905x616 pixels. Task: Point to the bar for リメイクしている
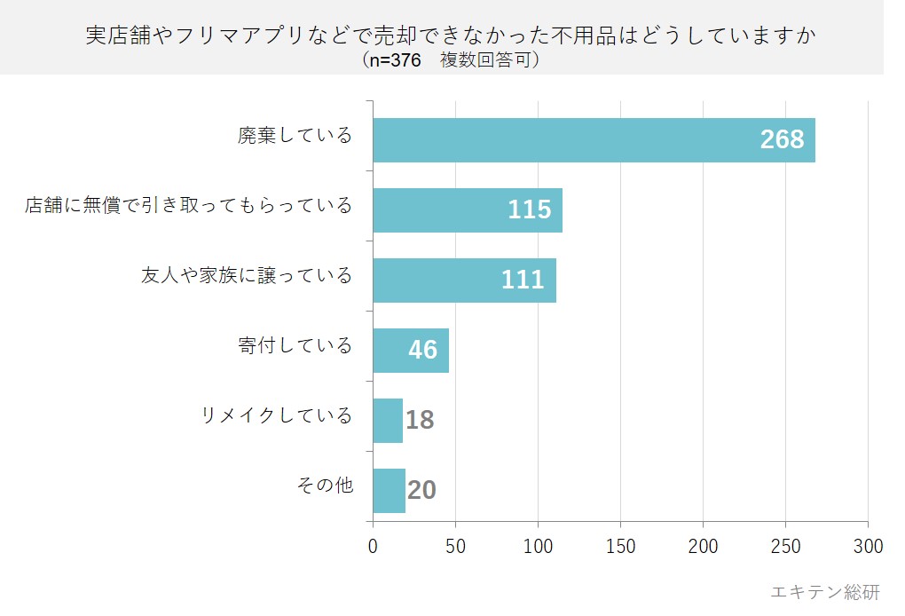pyautogui.click(x=388, y=421)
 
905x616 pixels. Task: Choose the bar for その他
pyautogui.click(x=389, y=491)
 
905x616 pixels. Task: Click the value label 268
pyautogui.click(x=782, y=140)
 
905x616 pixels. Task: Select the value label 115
pyautogui.click(x=530, y=210)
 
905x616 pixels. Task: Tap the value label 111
pyautogui.click(x=523, y=280)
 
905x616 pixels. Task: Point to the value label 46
pyautogui.click(x=423, y=351)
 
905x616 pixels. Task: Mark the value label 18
pyautogui.click(x=420, y=421)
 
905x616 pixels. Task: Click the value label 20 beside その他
pyautogui.click(x=421, y=491)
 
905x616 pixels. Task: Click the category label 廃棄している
pyautogui.click(x=295, y=136)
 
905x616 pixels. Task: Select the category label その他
pyautogui.click(x=325, y=486)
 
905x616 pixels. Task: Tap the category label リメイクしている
pyautogui.click(x=277, y=415)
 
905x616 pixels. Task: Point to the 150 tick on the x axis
pyautogui.click(x=620, y=546)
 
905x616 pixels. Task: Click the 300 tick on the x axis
pyautogui.click(x=868, y=546)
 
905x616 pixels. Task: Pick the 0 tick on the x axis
pyautogui.click(x=373, y=546)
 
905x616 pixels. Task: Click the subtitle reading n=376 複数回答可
pyautogui.click(x=451, y=60)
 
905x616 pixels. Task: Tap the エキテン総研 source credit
pyautogui.click(x=825, y=592)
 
